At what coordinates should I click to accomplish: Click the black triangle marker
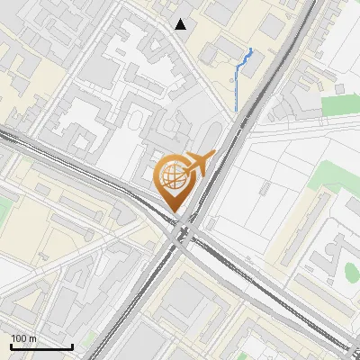pos(181,24)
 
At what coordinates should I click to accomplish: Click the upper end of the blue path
pos(250,49)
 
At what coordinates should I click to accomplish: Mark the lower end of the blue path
pos(236,111)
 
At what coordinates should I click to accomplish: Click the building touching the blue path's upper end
pos(256,58)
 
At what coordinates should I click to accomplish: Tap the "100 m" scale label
pos(23,337)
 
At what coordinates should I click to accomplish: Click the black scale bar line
pos(41,346)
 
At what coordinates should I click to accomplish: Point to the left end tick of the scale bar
pos(11,345)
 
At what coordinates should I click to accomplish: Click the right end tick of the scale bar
pos(72,345)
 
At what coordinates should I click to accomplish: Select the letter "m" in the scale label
pos(32,337)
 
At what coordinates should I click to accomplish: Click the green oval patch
pos(353,270)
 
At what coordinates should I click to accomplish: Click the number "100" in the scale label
pos(19,337)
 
